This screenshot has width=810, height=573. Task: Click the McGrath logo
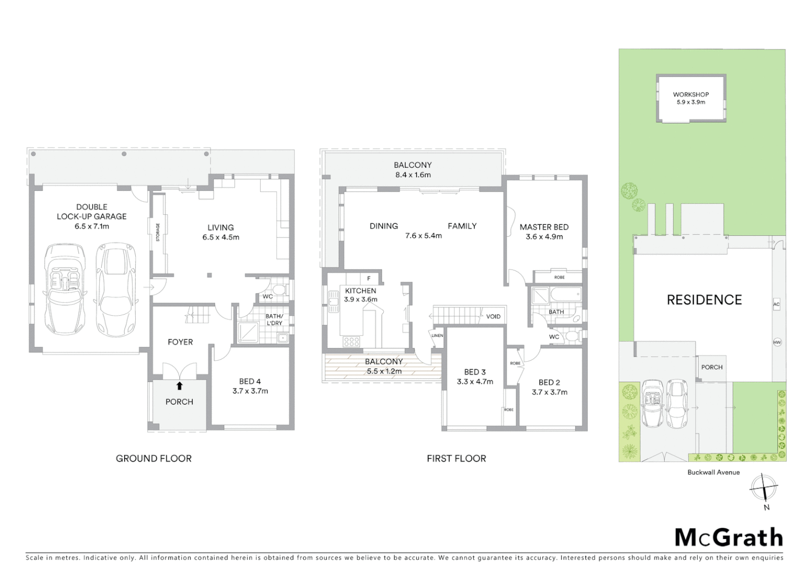coord(728,537)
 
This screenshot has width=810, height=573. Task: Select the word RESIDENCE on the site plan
coord(704,300)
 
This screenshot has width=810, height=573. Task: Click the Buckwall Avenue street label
coord(713,472)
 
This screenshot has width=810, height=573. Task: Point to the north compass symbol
coord(763,487)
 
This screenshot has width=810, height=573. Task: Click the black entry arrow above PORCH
coord(179,386)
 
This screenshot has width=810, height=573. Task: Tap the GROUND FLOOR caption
coord(154,458)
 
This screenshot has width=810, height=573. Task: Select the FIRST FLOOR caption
coord(456,458)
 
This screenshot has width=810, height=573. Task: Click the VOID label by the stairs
coord(493,317)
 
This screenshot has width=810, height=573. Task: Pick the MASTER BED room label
coord(544,227)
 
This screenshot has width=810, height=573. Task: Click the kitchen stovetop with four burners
coord(351,342)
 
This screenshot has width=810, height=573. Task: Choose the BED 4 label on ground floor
coord(250,381)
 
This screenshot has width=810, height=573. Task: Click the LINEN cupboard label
coord(437,336)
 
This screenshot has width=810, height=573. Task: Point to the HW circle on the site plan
coord(777,342)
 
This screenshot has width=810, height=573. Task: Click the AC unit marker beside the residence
coord(777,305)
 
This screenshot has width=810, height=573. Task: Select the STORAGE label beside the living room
coord(157,232)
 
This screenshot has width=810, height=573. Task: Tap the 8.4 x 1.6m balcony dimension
coord(412,175)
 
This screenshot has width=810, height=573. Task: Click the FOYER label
coord(180,342)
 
